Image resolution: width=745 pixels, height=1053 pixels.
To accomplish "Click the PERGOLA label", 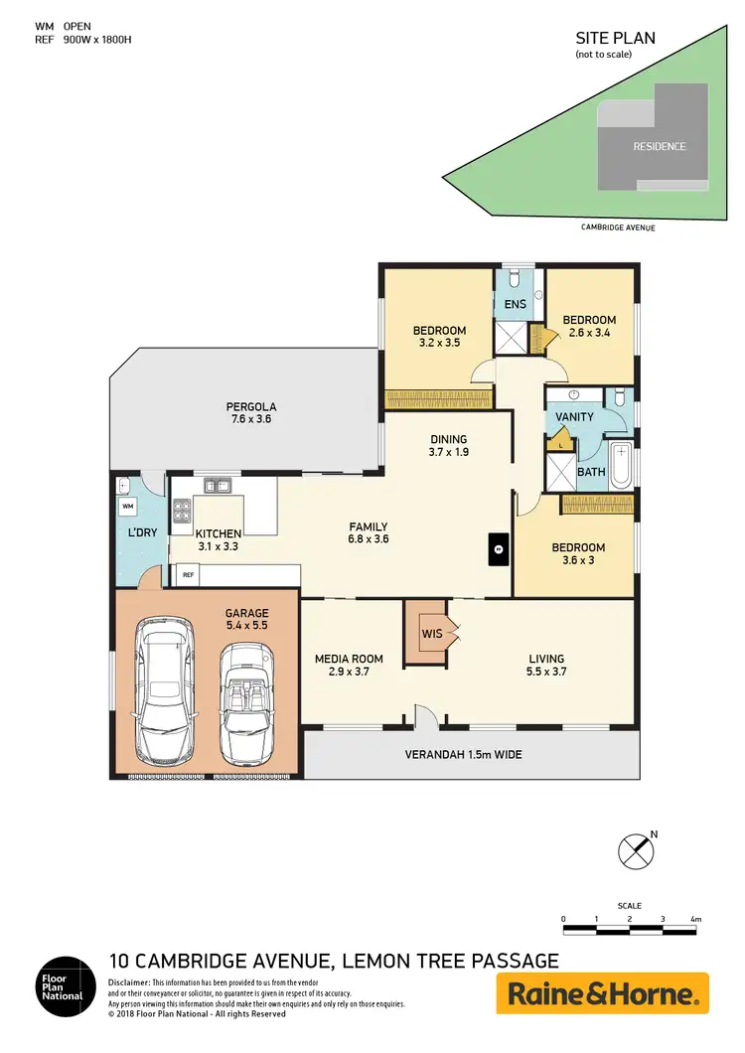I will tap(250, 407).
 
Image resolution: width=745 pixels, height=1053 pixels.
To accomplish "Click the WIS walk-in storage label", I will tap(429, 632).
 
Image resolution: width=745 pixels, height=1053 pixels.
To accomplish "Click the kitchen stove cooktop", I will tap(183, 512).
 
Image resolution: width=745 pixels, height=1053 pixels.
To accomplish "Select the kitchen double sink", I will tap(219, 487).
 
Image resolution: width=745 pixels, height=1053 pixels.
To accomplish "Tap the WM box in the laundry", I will tap(127, 507).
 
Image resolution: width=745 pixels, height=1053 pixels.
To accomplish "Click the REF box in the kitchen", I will tap(187, 574).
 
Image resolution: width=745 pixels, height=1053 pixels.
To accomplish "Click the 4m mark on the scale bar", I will tap(695, 920).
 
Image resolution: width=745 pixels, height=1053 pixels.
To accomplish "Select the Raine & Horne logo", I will tap(602, 993).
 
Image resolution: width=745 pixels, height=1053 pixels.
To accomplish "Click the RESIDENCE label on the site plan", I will tap(660, 147).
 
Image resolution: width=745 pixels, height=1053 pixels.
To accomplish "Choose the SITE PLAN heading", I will tap(615, 39).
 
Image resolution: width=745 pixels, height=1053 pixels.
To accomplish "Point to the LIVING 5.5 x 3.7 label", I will tap(546, 665).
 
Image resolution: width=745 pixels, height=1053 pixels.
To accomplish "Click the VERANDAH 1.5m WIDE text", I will tap(463, 755).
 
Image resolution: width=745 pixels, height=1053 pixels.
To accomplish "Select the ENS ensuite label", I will tap(515, 304).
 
